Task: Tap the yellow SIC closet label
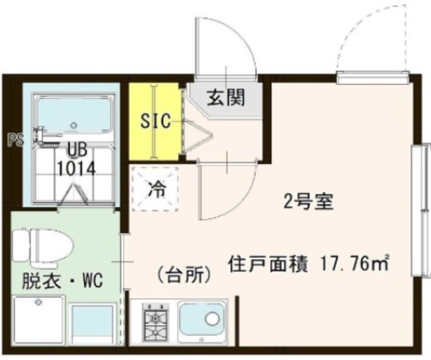tap(155, 122)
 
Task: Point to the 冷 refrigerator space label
tap(155, 189)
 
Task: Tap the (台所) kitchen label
tap(184, 275)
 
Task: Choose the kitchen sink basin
tap(203, 322)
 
